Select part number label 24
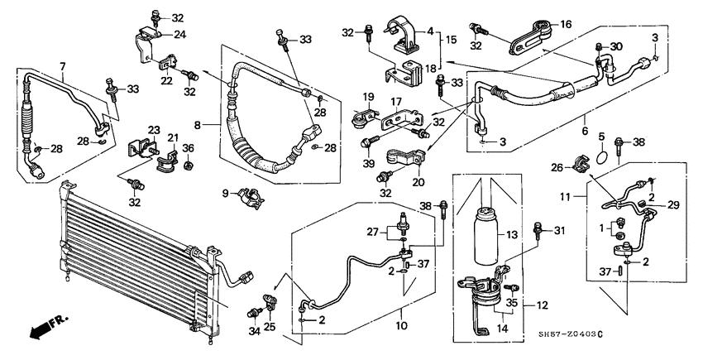[x=179, y=35]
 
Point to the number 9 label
[x=226, y=194]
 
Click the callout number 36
[x=188, y=148]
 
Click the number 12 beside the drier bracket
[x=542, y=305]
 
